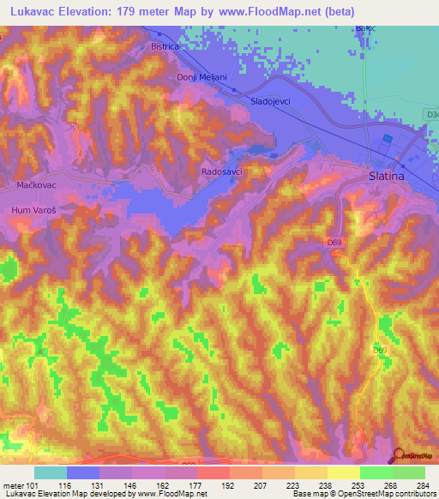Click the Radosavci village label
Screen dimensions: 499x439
click(221, 171)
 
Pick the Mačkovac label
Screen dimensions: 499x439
click(35, 184)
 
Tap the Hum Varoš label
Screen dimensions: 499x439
click(33, 209)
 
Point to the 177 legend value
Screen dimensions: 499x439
click(196, 485)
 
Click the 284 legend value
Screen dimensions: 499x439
click(423, 485)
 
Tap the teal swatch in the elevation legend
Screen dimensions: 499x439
click(51, 472)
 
